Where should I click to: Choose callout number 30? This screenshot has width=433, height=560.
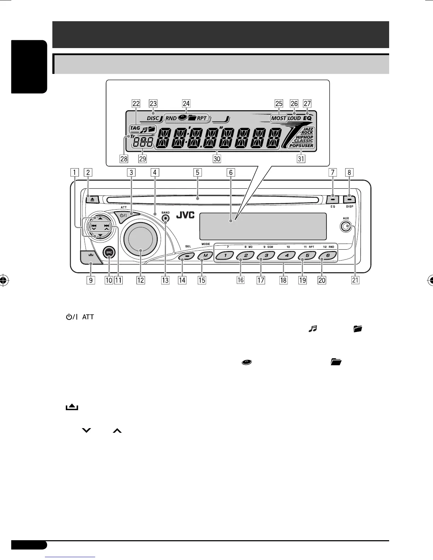point(217,159)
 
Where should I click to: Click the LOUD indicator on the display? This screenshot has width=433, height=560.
point(294,118)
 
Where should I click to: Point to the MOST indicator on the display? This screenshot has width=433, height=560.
point(278,118)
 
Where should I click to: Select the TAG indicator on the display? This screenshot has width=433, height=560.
point(135,128)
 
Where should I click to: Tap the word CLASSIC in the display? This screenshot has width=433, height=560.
point(304,141)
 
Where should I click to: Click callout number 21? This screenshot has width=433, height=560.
point(355,280)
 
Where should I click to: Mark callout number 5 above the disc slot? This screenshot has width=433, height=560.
point(197,173)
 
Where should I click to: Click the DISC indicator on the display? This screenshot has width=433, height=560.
point(153,118)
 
